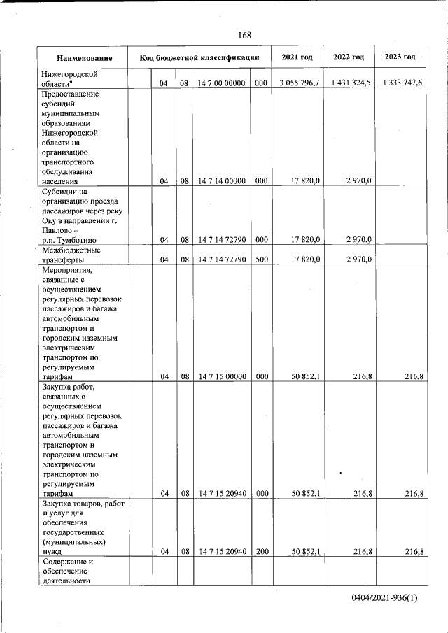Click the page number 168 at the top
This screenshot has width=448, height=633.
click(244, 36)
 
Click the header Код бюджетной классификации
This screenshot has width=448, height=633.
click(199, 57)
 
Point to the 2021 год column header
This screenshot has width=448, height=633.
click(297, 57)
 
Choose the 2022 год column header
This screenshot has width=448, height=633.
click(349, 57)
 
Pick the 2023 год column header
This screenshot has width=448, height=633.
click(400, 57)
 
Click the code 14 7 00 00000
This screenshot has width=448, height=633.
click(220, 83)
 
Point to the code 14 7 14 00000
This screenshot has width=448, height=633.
click(220, 180)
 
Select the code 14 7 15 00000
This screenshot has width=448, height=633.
click(220, 376)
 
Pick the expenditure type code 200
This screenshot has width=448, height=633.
click(260, 552)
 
